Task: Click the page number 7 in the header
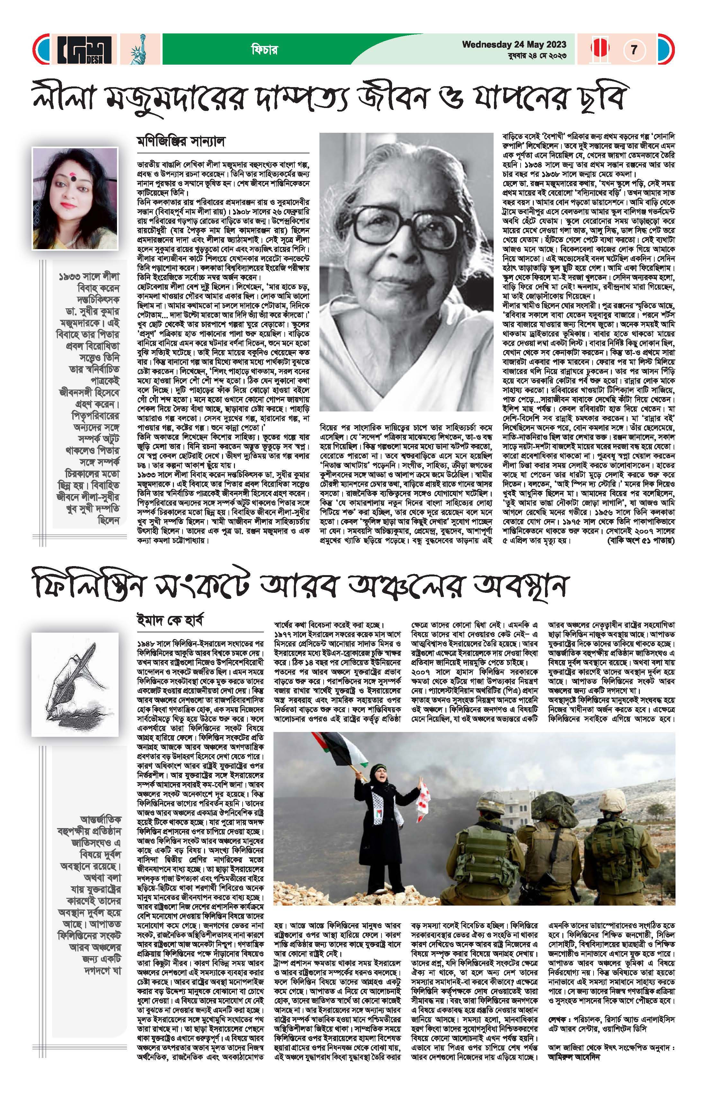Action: click(634, 50)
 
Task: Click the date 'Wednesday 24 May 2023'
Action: click(514, 45)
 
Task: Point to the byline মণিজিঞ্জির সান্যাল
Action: click(181, 141)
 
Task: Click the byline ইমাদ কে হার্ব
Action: click(170, 620)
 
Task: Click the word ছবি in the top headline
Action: click(602, 98)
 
